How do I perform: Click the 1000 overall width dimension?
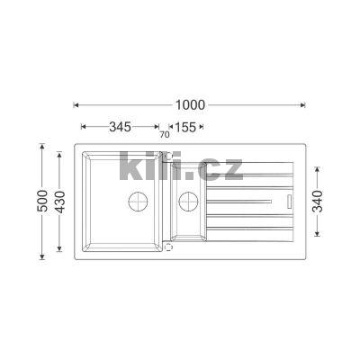coord(190,105)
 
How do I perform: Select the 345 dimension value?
coord(120,127)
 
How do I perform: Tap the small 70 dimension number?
coord(165,135)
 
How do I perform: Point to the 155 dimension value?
coord(185,127)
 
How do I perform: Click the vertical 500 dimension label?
coord(42,201)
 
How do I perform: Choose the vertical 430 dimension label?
coord(60,202)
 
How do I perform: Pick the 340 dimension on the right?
coord(318,202)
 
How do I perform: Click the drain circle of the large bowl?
coord(138,201)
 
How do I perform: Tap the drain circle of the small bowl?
coord(188,201)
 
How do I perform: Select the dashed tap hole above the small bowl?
coord(169,156)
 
